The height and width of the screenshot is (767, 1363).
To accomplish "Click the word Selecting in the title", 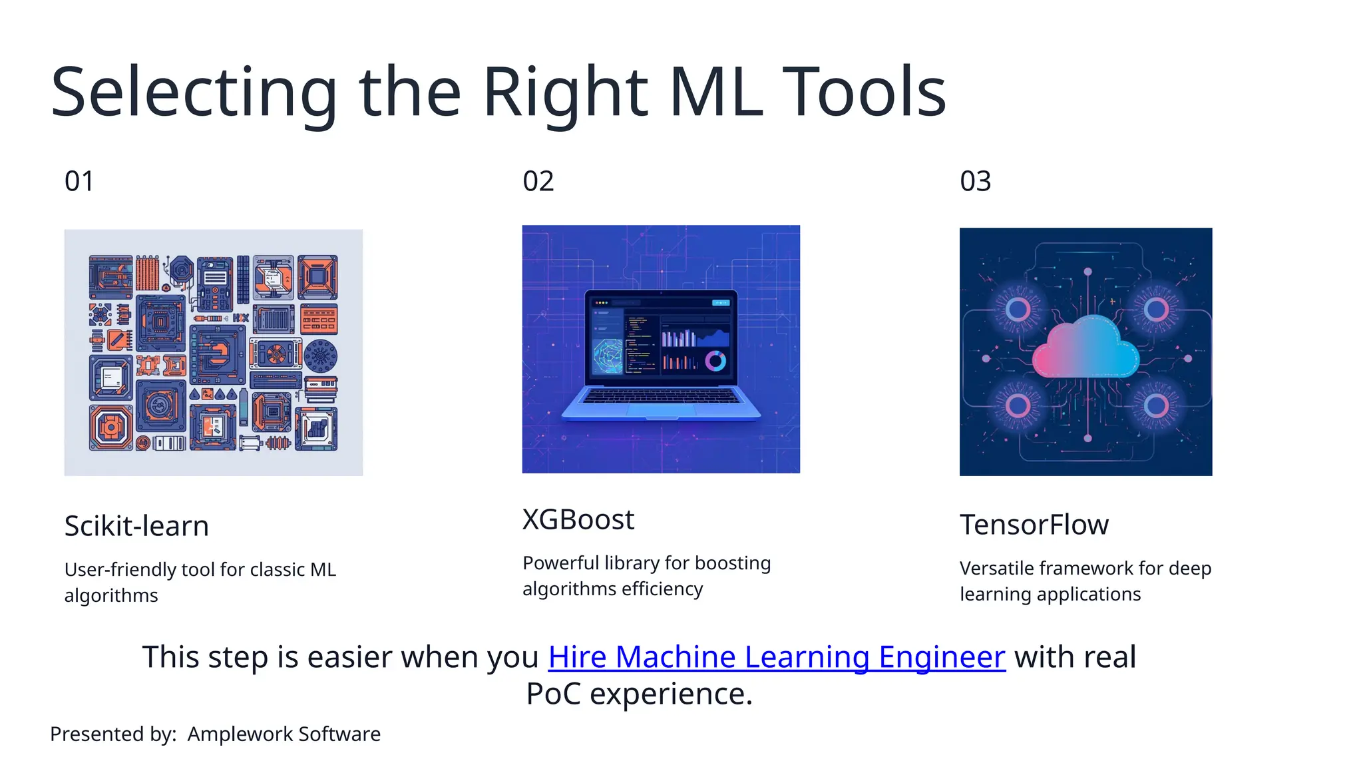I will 193,93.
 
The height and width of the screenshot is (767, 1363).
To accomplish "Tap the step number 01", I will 79,181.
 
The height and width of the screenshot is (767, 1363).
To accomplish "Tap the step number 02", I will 538,181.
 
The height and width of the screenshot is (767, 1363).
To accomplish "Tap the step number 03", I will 975,181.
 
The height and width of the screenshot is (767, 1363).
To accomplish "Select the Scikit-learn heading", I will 136,526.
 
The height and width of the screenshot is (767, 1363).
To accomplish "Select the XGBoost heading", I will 578,519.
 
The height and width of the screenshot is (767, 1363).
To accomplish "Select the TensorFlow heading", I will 1034,525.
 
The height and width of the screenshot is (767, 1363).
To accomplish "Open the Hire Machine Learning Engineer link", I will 776,657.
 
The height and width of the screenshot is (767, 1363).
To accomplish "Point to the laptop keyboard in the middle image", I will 661,397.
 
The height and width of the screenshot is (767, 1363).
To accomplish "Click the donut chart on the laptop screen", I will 715,361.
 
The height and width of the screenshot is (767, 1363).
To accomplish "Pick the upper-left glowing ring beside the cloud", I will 1018,309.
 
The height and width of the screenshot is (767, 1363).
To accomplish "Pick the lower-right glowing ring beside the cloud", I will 1156,405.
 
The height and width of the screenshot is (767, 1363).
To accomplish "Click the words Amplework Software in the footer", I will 284,734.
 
